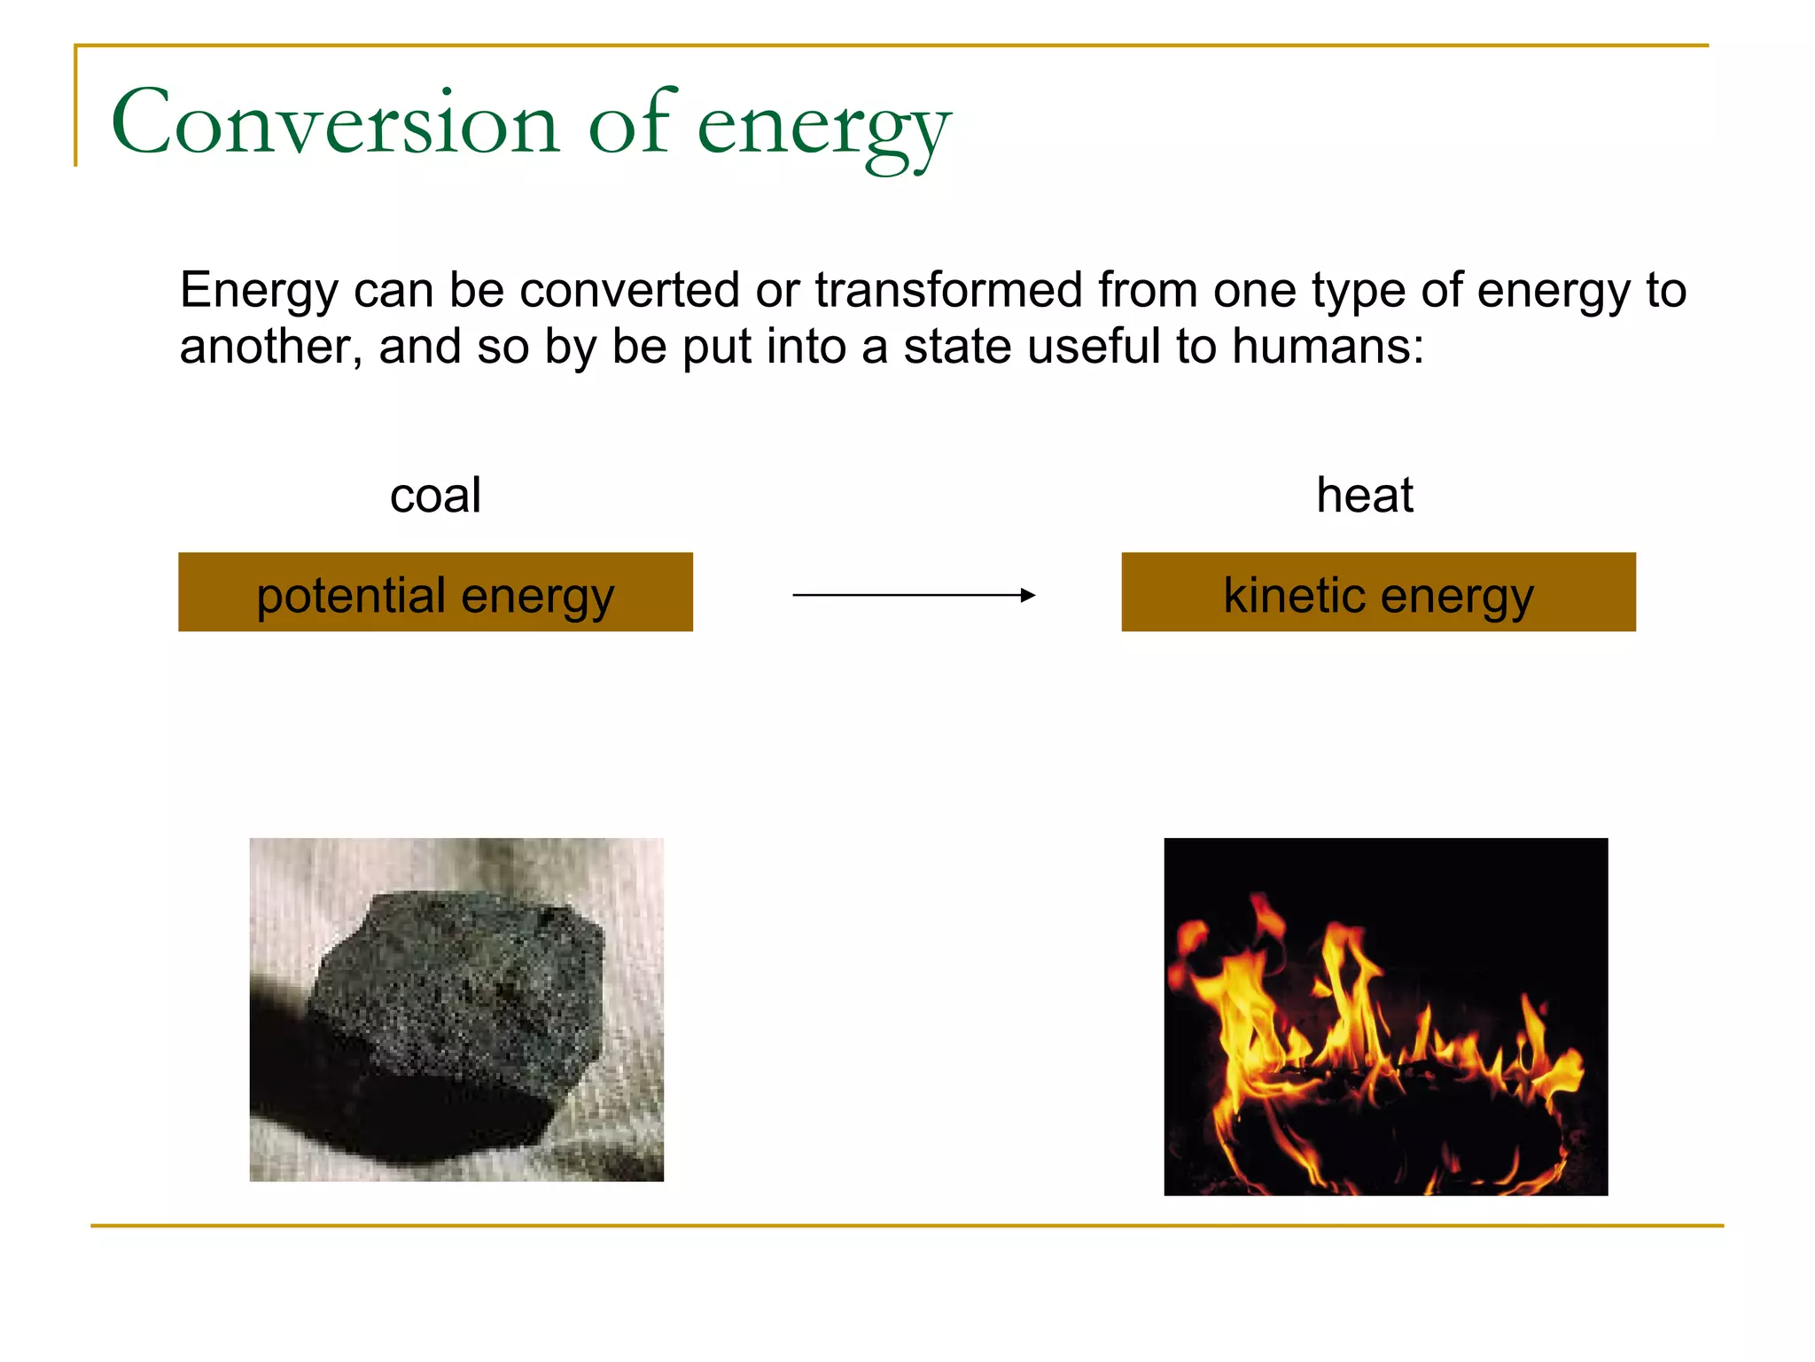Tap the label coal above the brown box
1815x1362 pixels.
pyautogui.click(x=435, y=495)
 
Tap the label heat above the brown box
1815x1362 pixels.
pyautogui.click(x=1364, y=495)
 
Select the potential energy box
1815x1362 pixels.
pyautogui.click(x=435, y=592)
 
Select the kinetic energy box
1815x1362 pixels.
pyautogui.click(x=1378, y=592)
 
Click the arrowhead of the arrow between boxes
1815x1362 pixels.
pyautogui.click(x=1028, y=595)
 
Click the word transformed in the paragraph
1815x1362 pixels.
pyautogui.click(x=948, y=290)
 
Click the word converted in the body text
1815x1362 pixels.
pyautogui.click(x=629, y=290)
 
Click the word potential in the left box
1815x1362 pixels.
pyautogui.click(x=351, y=596)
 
